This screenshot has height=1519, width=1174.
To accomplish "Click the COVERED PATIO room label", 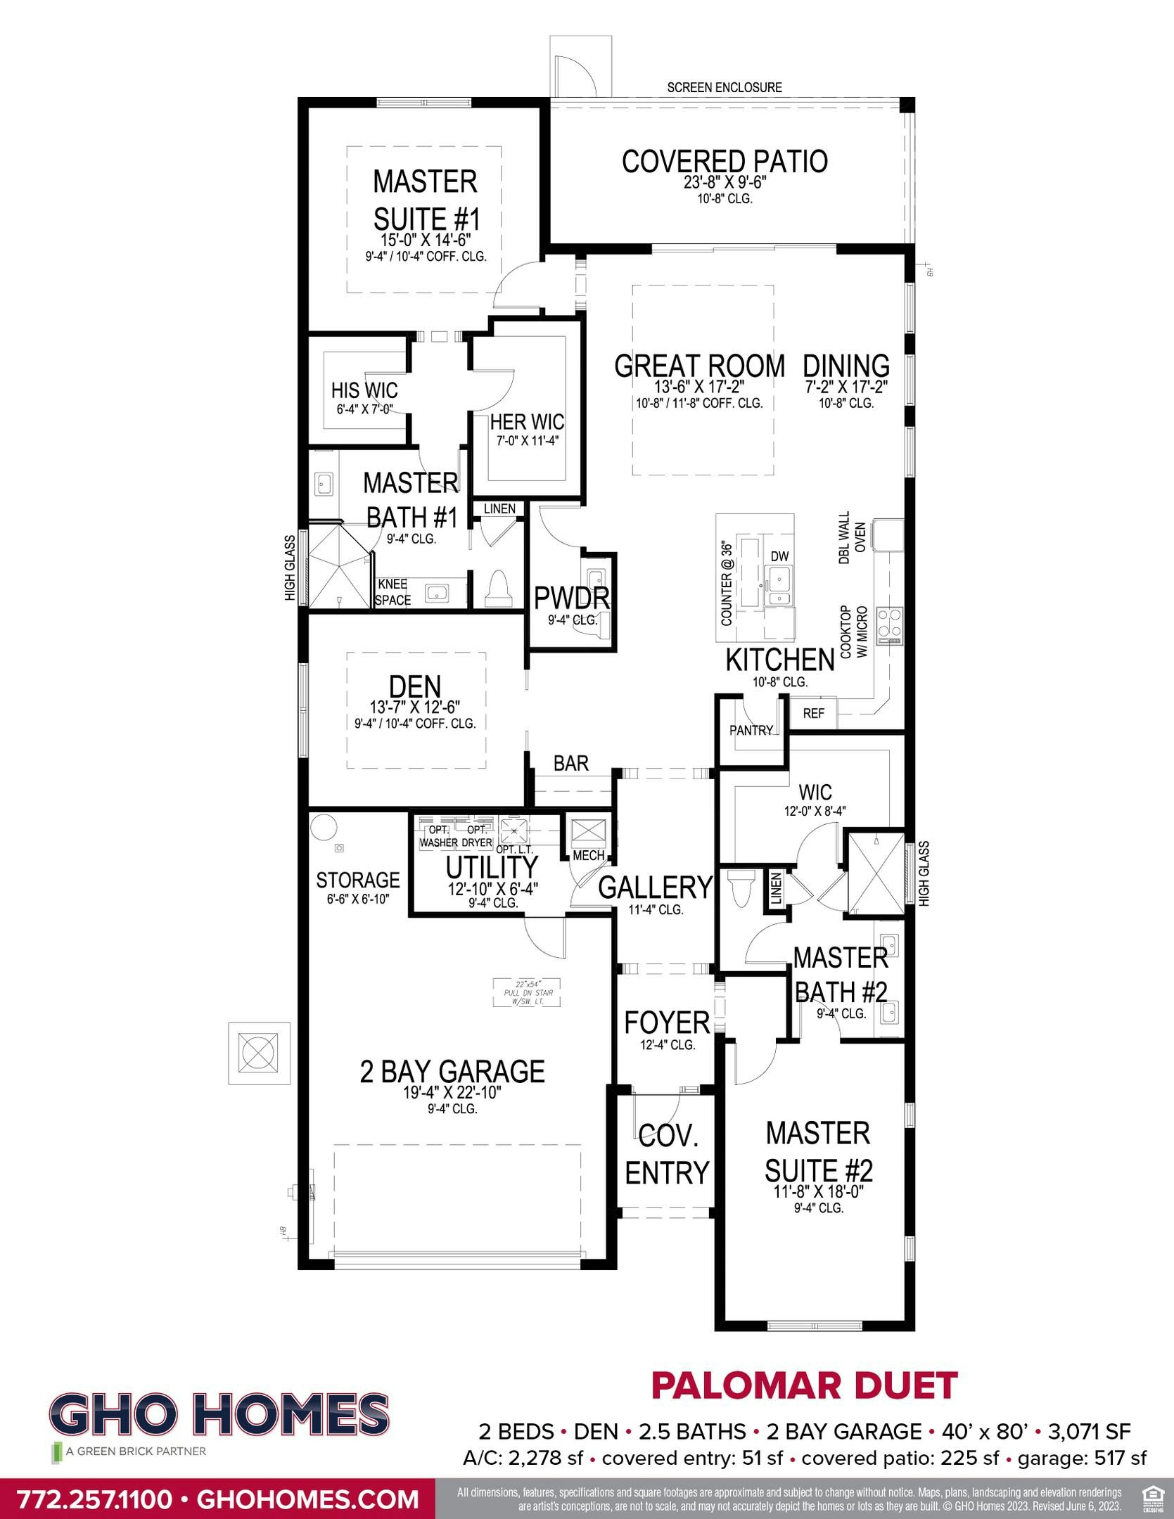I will click(x=724, y=162).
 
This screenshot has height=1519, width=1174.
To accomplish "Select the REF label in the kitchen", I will click(x=813, y=713).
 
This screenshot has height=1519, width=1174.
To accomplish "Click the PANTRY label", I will click(x=751, y=730).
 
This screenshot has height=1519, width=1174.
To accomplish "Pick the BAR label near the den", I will click(x=570, y=763).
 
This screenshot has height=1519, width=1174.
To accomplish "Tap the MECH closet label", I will click(x=589, y=855).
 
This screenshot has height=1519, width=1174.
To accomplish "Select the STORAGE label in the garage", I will click(x=357, y=880).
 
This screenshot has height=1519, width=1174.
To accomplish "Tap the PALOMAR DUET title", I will click(x=804, y=1385).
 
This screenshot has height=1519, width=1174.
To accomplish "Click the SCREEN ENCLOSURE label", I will click(x=724, y=88).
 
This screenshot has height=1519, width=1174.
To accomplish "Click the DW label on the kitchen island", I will click(x=779, y=556).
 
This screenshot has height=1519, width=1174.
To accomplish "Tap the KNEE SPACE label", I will click(x=393, y=592).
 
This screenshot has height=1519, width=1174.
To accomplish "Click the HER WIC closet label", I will click(x=527, y=422).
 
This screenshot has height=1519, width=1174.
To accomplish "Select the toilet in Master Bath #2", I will click(x=739, y=890).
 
